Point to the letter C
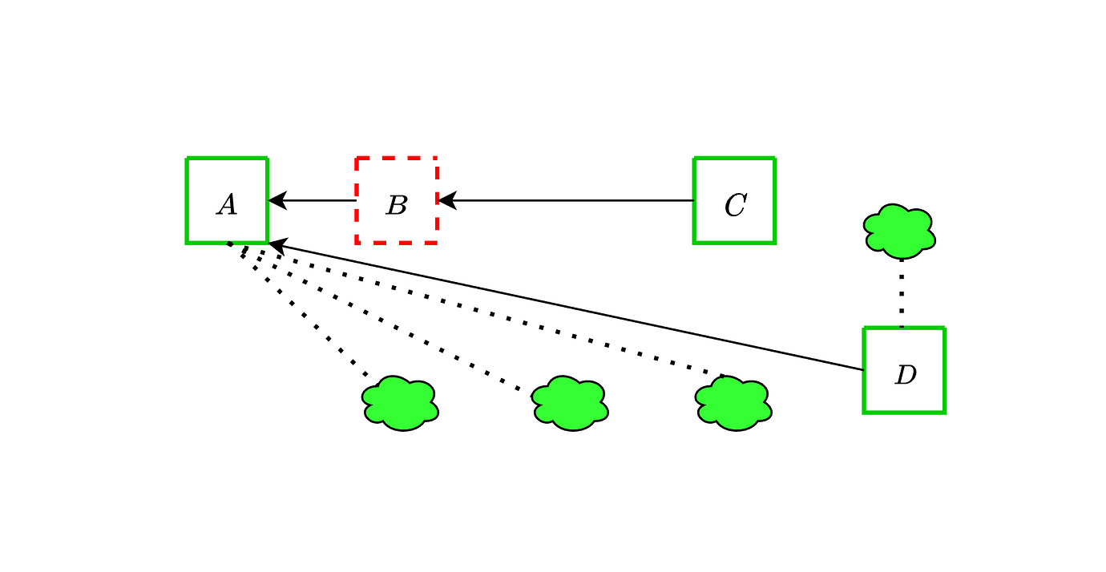[736, 205]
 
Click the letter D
[906, 375]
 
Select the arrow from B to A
[312, 200]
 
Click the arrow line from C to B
[566, 200]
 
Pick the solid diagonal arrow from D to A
[566, 306]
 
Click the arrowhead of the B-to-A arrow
[276, 200]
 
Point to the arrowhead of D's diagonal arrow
[277, 245]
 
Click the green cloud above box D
[899, 231]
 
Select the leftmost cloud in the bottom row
[401, 403]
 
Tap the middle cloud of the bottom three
[571, 403]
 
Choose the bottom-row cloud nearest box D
[733, 403]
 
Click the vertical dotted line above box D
[902, 293]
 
